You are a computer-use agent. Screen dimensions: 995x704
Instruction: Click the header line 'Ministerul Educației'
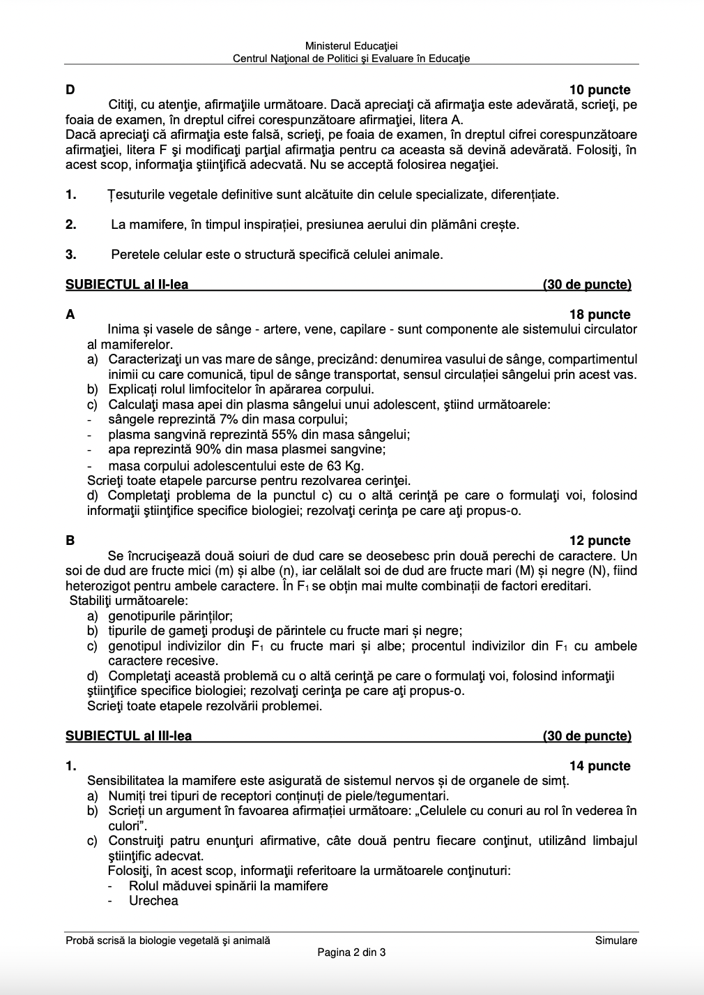pyautogui.click(x=351, y=46)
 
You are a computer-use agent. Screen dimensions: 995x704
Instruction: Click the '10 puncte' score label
pyautogui.click(x=599, y=90)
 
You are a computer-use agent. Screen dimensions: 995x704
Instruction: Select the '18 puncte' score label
pyautogui.click(x=599, y=315)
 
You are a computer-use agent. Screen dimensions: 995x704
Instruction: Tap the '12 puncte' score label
pyautogui.click(x=599, y=541)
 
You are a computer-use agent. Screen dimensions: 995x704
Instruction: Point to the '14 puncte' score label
pyautogui.click(x=599, y=766)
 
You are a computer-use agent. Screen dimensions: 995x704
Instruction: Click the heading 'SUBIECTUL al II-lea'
pyautogui.click(x=127, y=285)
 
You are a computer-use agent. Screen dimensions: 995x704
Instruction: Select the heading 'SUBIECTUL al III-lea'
pyautogui.click(x=128, y=736)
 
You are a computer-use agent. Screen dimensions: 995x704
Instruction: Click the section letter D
pyautogui.click(x=70, y=90)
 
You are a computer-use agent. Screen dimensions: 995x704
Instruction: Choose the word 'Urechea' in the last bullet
pyautogui.click(x=153, y=901)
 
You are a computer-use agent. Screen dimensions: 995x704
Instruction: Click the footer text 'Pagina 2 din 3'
pyautogui.click(x=351, y=952)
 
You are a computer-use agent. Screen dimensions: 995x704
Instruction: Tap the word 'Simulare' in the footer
pyautogui.click(x=616, y=941)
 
